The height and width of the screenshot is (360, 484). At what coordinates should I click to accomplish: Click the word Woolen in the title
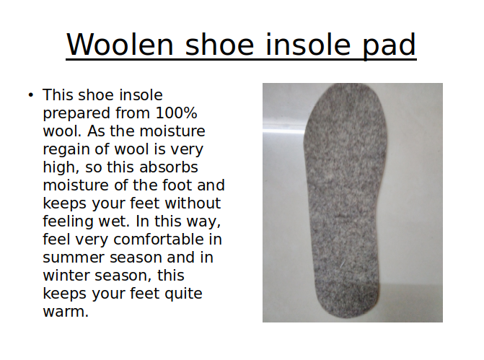coord(120,45)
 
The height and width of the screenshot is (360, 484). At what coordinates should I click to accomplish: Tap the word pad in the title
coord(389,45)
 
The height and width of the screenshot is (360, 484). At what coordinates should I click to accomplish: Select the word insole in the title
coord(308,45)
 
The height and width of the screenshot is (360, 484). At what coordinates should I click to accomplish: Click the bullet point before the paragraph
coord(30,95)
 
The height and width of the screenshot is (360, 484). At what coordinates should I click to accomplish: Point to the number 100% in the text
coord(176,113)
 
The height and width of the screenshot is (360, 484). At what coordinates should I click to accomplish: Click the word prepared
coord(76,113)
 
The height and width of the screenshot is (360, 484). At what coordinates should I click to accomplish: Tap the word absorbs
coord(169,167)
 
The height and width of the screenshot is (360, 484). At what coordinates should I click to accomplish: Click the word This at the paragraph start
coord(58,95)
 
